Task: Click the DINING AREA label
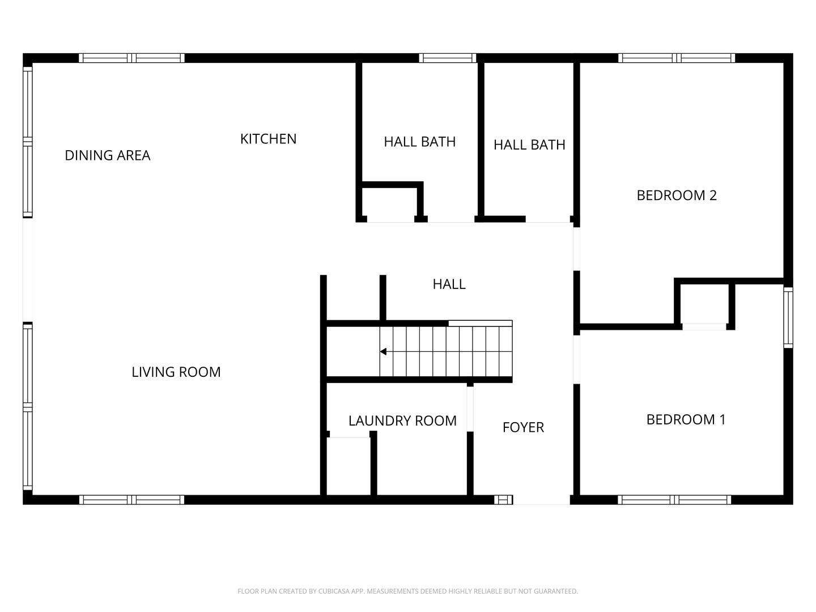108,155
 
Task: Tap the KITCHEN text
268,139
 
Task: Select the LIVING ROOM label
176,372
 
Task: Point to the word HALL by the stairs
449,284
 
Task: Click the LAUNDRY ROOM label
402,420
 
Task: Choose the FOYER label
523,427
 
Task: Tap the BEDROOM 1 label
686,419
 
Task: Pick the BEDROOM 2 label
677,195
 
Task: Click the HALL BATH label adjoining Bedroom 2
529,144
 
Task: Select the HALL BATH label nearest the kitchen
419,142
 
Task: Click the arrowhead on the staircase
384,352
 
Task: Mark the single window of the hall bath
448,58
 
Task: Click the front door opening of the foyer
541,500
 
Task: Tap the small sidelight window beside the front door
502,500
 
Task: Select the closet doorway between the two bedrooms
704,326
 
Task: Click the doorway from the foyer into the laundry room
470,409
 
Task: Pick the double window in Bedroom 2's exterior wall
677,58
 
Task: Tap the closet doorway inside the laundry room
350,435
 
